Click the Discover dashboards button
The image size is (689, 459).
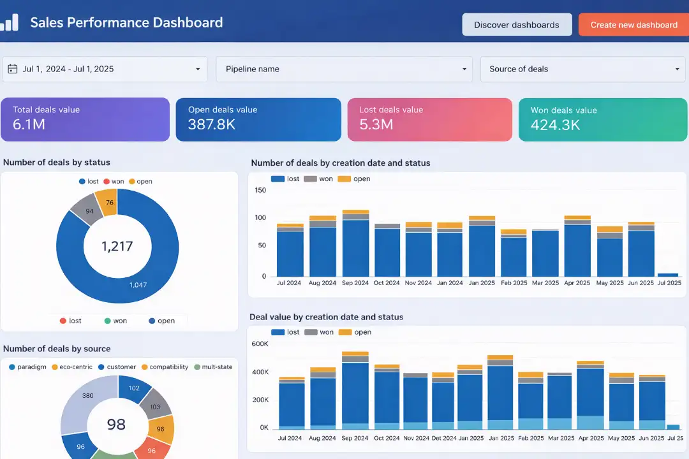(x=516, y=25)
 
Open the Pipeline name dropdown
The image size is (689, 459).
(x=344, y=69)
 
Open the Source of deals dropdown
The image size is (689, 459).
(x=583, y=69)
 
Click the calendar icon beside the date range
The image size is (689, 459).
(x=13, y=69)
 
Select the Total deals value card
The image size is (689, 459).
(x=85, y=119)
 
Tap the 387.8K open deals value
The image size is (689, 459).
(x=212, y=124)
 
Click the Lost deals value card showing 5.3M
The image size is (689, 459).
(x=429, y=119)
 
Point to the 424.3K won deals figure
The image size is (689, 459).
(x=555, y=125)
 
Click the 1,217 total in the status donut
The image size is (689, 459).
(x=117, y=246)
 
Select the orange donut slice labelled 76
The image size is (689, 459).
(x=109, y=203)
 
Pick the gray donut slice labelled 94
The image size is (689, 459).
(x=89, y=211)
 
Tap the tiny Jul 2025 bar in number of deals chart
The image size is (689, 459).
(x=667, y=275)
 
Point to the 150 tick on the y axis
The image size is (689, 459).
(x=260, y=190)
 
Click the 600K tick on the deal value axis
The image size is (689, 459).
(x=260, y=344)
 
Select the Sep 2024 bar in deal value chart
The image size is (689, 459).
(x=355, y=392)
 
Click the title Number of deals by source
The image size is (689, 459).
(x=57, y=349)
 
